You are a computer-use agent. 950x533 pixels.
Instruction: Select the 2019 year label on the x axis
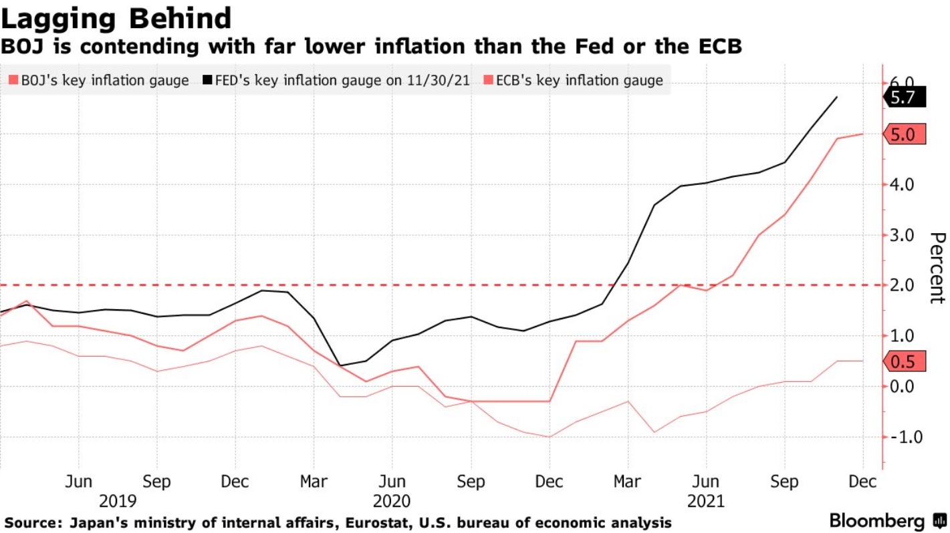pos(118,500)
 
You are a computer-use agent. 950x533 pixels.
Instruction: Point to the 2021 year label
pos(705,500)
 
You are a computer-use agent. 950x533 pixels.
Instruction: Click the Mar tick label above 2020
pos(314,482)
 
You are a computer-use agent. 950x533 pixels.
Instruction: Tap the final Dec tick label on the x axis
pos(862,482)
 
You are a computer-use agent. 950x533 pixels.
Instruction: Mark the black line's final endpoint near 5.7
pos(837,97)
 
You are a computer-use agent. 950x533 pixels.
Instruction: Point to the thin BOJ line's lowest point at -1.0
pos(550,437)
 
